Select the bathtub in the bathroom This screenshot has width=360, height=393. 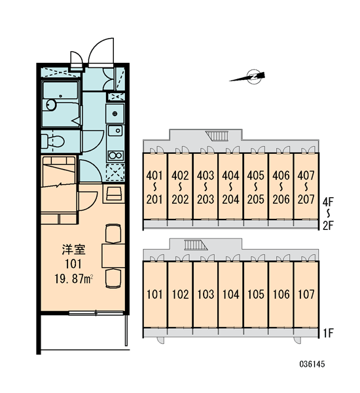point(60,90)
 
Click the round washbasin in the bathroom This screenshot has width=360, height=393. point(51,105)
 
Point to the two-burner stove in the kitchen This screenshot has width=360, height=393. point(115,156)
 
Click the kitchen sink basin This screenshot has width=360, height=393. point(115,130)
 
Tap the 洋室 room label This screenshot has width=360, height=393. point(74,250)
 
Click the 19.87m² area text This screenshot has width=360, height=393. point(74,279)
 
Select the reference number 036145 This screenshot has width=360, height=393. point(312,364)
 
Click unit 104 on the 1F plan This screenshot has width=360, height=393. point(230,295)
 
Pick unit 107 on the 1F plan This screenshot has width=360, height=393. point(306,295)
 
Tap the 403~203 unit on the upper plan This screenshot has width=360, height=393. point(205,187)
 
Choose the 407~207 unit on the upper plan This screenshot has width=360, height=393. point(306,187)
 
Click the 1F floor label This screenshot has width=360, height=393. point(328,333)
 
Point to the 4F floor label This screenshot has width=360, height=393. point(328,202)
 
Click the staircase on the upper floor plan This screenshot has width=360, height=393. point(217,136)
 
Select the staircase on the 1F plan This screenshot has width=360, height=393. point(196,245)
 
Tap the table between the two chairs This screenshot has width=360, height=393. point(113,255)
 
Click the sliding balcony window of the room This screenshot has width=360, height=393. point(96,313)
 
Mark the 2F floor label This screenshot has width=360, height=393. point(328,226)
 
